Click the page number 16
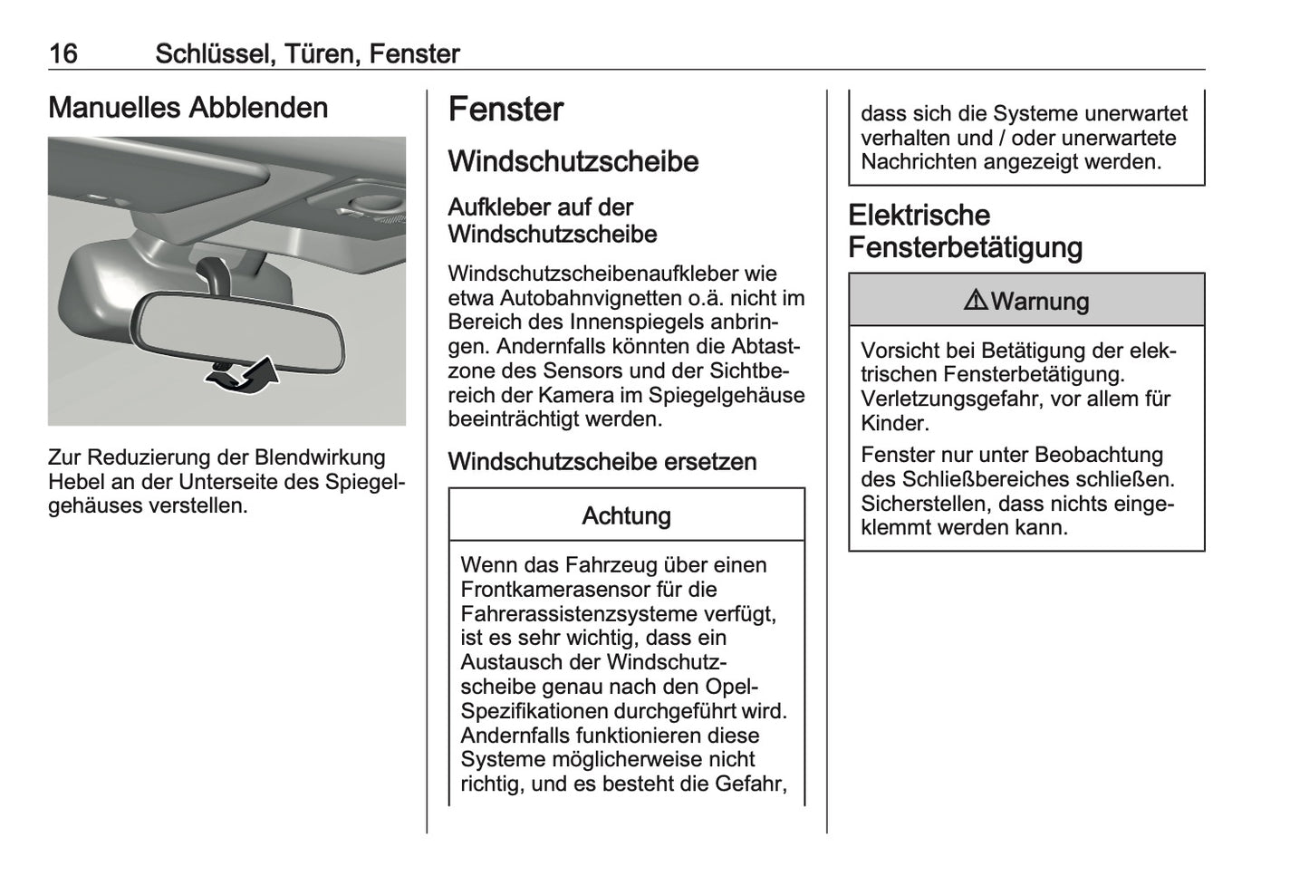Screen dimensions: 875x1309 [63, 54]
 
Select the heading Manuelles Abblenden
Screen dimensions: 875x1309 [188, 108]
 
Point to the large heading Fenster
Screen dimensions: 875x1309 [505, 110]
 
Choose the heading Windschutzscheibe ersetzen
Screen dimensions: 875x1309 [602, 462]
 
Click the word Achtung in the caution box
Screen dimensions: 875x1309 [626, 516]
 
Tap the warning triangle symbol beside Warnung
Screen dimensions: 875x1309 [976, 301]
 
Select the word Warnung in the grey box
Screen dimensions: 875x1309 [1040, 302]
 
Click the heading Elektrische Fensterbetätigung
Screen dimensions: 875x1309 [965, 231]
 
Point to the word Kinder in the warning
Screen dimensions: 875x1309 [894, 423]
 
